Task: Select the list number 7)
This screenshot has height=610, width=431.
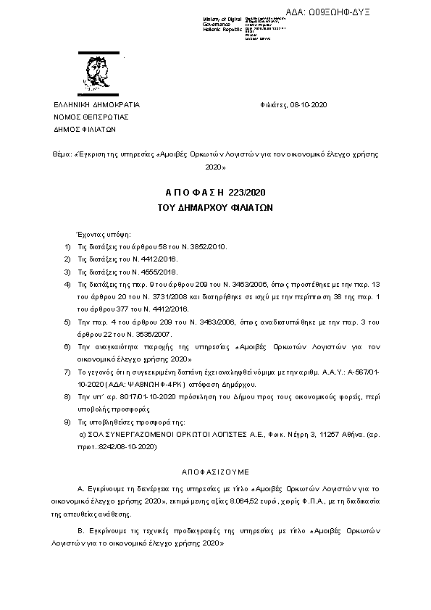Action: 67,371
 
